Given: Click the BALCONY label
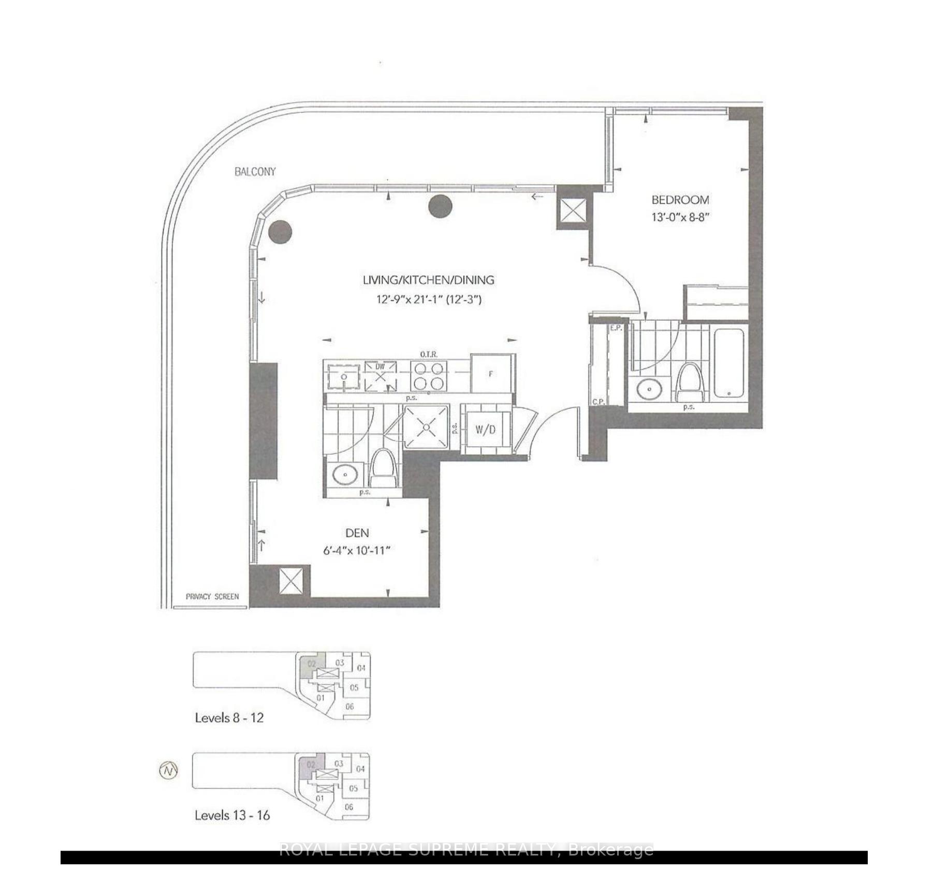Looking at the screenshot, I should (x=255, y=171).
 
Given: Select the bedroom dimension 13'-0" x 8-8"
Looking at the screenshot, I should (x=680, y=217).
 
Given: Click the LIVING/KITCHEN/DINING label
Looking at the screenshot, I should (x=428, y=280).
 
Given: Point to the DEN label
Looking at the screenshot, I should (x=357, y=533).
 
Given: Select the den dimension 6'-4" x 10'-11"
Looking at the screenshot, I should (x=357, y=551).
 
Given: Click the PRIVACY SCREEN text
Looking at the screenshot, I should (x=212, y=596).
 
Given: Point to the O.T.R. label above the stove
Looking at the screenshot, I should (x=429, y=354).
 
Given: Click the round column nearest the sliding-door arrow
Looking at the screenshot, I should (x=441, y=207).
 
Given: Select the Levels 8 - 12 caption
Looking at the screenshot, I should (x=229, y=718).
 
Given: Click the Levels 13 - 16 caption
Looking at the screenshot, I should (x=232, y=815).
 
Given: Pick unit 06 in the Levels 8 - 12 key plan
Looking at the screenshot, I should (x=349, y=706).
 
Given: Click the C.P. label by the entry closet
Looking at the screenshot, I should (x=599, y=402).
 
